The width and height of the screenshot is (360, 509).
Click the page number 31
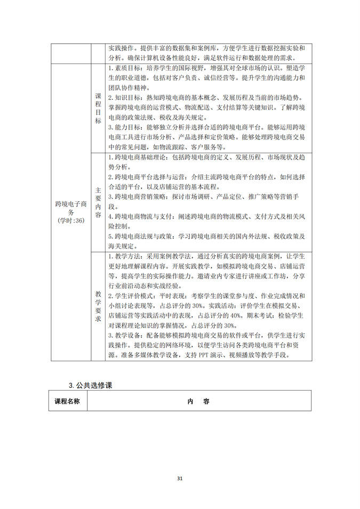tap(180, 479)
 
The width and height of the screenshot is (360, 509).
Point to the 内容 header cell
tap(198, 401)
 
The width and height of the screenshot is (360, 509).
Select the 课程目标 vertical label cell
tap(98, 108)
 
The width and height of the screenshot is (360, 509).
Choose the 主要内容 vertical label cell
tap(98, 202)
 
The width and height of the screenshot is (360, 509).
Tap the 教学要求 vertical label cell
tap(98, 306)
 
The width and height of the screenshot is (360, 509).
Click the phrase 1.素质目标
tap(122, 69)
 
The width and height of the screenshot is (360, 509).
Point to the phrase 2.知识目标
tap(122, 98)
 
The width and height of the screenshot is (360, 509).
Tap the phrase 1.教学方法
tap(122, 257)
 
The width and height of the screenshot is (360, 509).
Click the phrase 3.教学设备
tap(122, 335)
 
